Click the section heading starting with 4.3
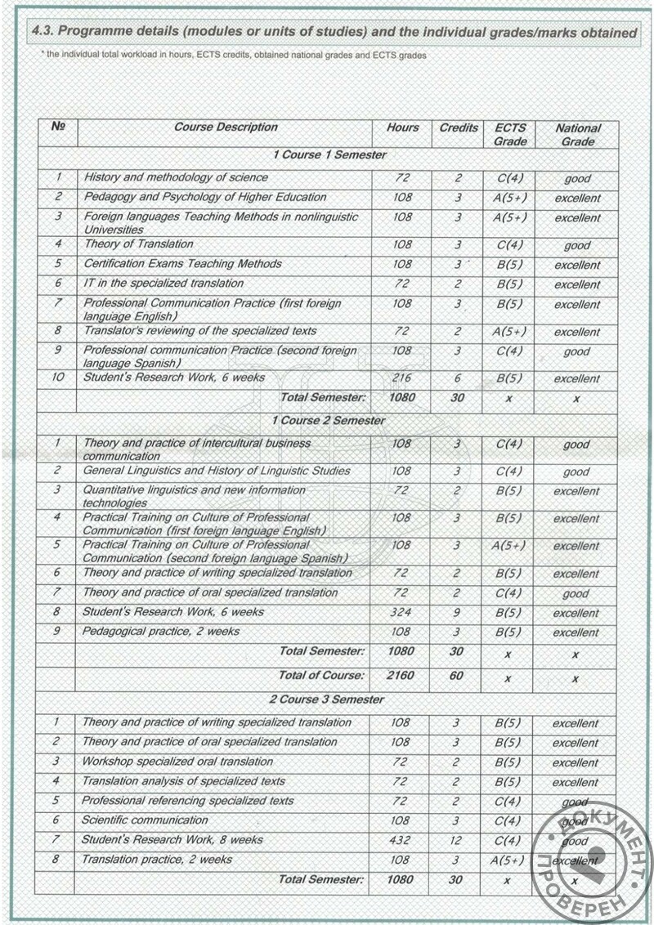pos(334,33)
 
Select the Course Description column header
pos(226,127)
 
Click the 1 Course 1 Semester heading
pos(329,154)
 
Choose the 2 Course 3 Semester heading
pos(327,699)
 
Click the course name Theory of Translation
pos(139,244)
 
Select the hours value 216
pos(401,378)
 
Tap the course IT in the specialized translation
pos(163,284)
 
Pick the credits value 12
pos(456,840)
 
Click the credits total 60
pos(456,676)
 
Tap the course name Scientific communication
pos(145,820)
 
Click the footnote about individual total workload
pos(233,55)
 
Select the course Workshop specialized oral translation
pos(177,762)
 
